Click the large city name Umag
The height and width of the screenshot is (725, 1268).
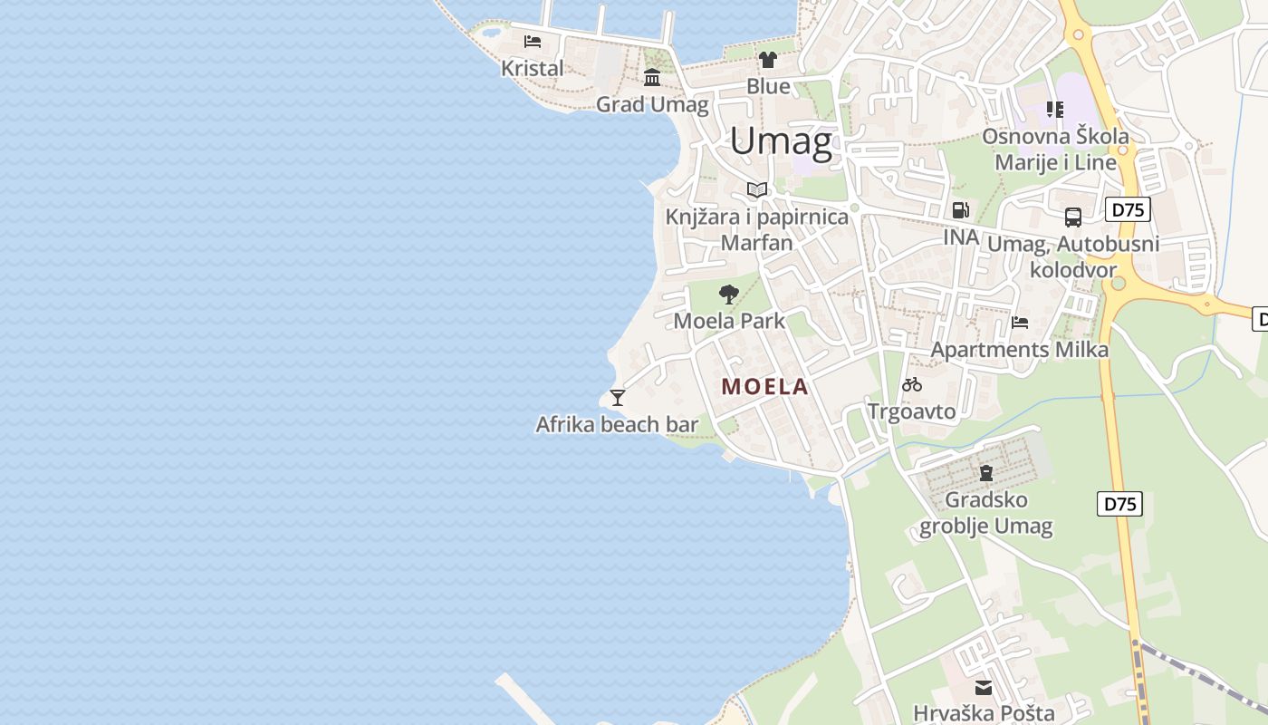pyautogui.click(x=781, y=141)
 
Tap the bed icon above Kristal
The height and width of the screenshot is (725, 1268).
pyautogui.click(x=533, y=42)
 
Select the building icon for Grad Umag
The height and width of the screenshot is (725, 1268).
pyautogui.click(x=652, y=77)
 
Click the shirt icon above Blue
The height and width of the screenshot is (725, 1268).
pyautogui.click(x=768, y=61)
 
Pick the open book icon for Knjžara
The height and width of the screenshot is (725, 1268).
pyautogui.click(x=757, y=189)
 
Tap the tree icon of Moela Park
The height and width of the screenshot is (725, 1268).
pyautogui.click(x=728, y=294)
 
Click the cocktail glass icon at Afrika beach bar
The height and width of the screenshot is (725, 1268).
pyautogui.click(x=618, y=397)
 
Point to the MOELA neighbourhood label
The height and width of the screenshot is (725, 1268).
pyautogui.click(x=764, y=387)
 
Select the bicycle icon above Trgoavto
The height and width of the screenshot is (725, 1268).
pyautogui.click(x=912, y=384)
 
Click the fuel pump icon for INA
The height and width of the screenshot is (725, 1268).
pyautogui.click(x=961, y=210)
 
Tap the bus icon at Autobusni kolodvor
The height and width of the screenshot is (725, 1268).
pyautogui.click(x=1073, y=217)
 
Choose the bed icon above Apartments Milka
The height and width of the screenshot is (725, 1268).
pyautogui.click(x=1020, y=322)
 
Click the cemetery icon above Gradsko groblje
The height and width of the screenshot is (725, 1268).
pyautogui.click(x=986, y=472)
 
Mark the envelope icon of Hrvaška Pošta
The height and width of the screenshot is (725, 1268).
pyautogui.click(x=984, y=688)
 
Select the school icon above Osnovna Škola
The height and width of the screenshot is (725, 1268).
pyautogui.click(x=1055, y=110)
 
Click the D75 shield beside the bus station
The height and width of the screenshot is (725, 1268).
pyautogui.click(x=1128, y=210)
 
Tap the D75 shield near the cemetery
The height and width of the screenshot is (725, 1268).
pyautogui.click(x=1119, y=504)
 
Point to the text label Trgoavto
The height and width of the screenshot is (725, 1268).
pyautogui.click(x=911, y=411)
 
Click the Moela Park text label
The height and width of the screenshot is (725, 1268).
pyautogui.click(x=729, y=321)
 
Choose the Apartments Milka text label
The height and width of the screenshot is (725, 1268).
pyautogui.click(x=1020, y=350)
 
